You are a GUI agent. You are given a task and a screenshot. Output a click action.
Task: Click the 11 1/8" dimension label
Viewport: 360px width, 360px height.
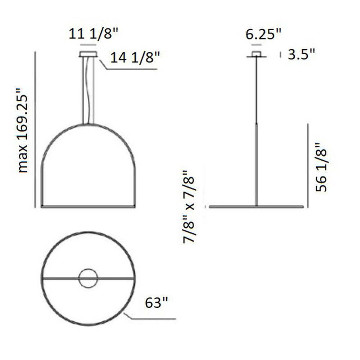click(x=93, y=34)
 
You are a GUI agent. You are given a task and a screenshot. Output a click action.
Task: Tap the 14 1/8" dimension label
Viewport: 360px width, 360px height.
click(x=135, y=57)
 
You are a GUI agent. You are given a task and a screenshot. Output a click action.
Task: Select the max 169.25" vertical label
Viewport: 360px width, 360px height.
click(x=23, y=130)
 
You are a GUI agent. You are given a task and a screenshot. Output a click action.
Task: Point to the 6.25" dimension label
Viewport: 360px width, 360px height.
click(x=264, y=35)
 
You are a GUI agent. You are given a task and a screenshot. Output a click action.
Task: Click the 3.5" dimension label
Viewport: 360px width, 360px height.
click(x=301, y=54)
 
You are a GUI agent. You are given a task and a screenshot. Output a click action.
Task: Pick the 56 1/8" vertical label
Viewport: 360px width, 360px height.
click(x=321, y=167)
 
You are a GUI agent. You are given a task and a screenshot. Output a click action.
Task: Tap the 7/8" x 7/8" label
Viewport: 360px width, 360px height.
click(x=189, y=207)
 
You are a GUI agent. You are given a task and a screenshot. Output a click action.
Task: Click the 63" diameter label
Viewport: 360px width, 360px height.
click(x=156, y=302)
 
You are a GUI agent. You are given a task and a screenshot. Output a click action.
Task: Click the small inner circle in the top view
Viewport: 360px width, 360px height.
click(x=88, y=269)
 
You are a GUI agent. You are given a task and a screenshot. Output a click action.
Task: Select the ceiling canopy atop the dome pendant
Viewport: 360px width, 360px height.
click(x=89, y=54)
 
